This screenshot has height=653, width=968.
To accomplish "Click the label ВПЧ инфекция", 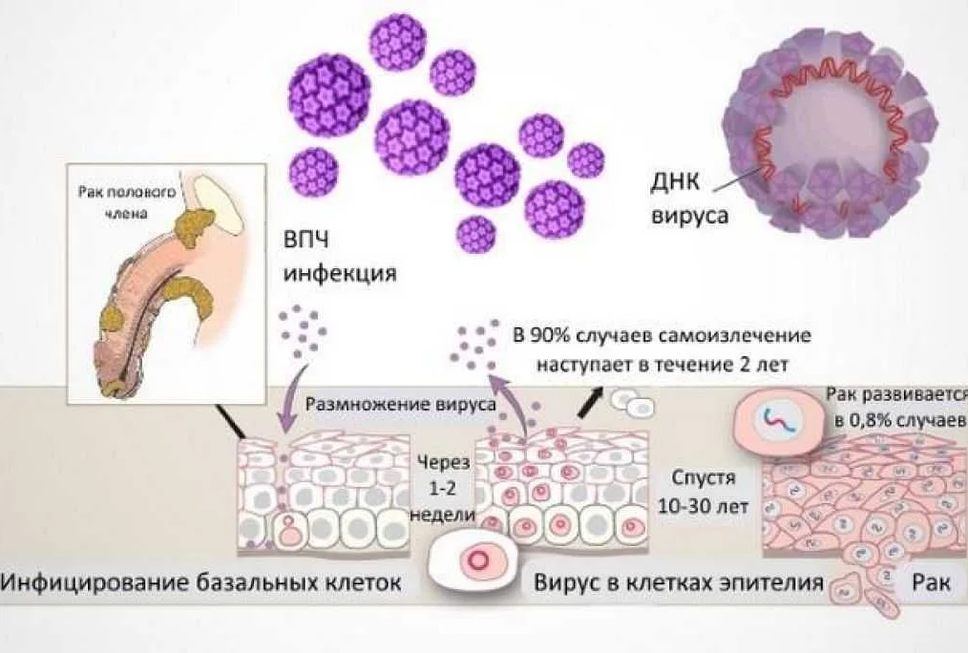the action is tap(340, 256).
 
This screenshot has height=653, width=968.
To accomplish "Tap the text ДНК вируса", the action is tap(689, 199).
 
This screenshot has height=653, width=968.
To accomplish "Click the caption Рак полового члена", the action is tap(127, 202).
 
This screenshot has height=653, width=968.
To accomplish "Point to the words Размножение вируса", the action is tap(401, 404).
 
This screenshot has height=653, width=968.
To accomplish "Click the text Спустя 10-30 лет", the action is tap(704, 492).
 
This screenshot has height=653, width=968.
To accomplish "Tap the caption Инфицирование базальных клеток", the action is tap(200, 581).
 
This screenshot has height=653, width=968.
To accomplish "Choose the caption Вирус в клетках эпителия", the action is tap(679, 582).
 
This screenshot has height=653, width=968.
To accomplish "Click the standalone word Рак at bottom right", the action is tap(931, 580).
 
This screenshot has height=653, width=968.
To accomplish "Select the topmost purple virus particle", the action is tap(396, 42).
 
